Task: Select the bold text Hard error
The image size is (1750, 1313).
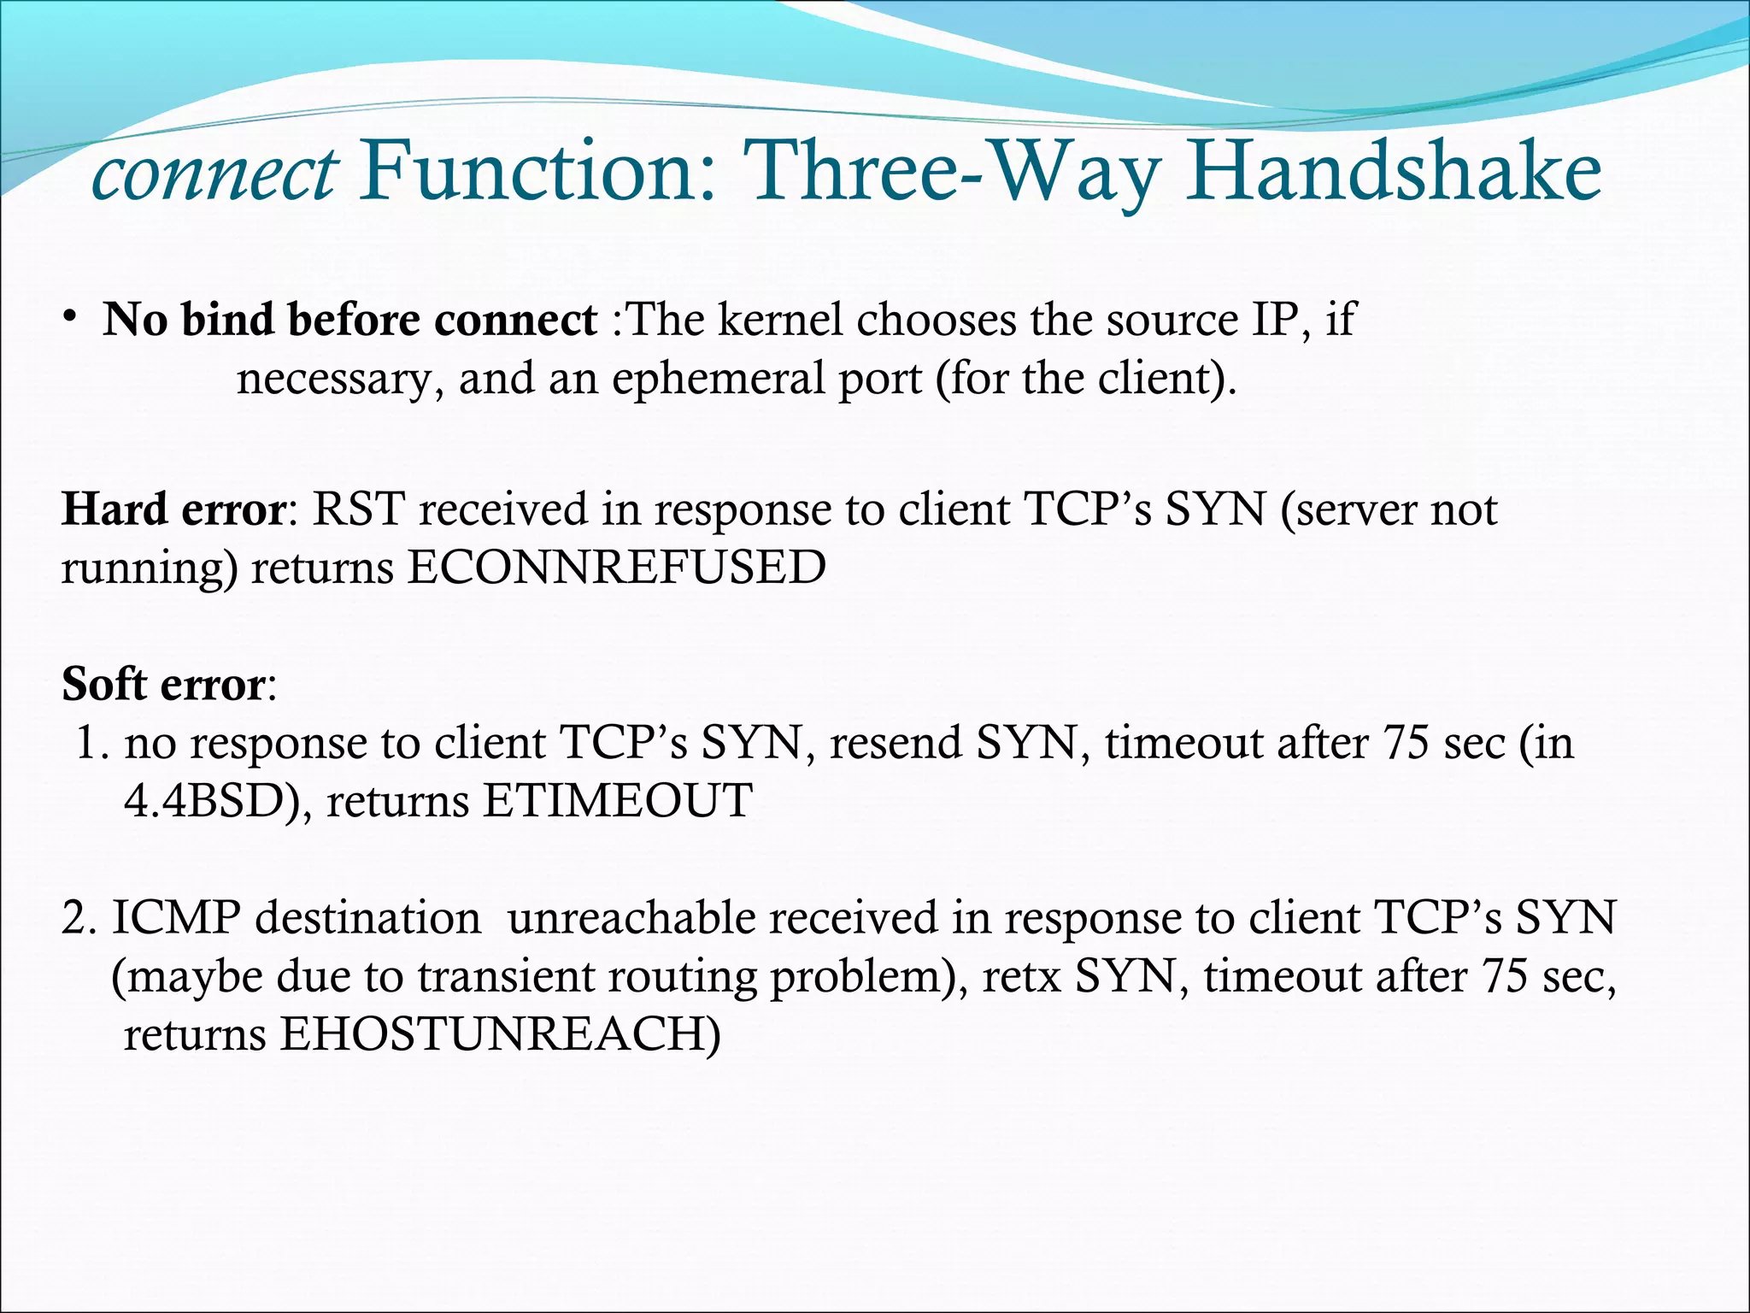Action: [x=173, y=509]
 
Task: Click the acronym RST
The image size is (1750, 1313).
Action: [x=358, y=509]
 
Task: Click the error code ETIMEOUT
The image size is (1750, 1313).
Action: [x=617, y=801]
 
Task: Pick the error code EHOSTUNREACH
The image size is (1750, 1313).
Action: [x=500, y=1034]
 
